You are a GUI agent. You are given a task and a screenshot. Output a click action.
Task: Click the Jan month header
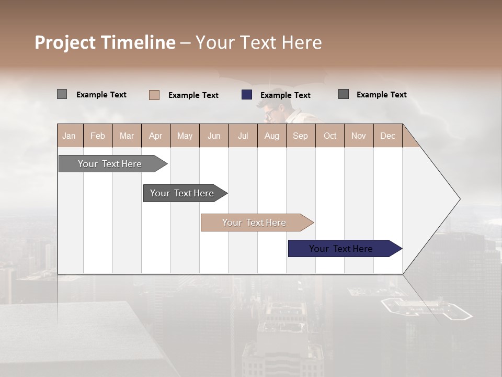pos(69,136)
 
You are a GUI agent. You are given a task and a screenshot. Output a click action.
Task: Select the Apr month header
pos(155,136)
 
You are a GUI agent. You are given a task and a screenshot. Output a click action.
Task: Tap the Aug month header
pos(271,136)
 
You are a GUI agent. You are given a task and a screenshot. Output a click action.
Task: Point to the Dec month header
pos(387,136)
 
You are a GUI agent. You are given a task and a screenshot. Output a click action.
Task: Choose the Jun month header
pos(214,136)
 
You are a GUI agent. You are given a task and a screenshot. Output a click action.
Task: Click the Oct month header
pos(330,136)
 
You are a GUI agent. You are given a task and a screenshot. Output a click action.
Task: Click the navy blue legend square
pos(247,95)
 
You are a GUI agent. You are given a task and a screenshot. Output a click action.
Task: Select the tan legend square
pos(154,95)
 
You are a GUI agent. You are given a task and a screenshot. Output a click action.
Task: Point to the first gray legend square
pos(62,94)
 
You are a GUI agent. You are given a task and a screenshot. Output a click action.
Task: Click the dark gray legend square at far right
pos(344,94)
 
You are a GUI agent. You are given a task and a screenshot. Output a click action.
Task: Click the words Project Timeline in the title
pos(105,42)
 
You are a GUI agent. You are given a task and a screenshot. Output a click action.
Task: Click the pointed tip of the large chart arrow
pos(459,199)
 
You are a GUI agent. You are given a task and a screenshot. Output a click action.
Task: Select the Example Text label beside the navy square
pos(285,95)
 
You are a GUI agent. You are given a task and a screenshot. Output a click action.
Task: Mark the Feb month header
pos(98,136)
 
